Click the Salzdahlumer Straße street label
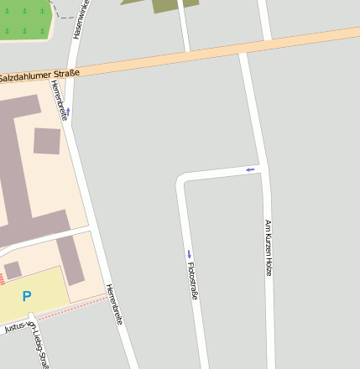point(39,76)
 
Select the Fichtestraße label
point(193,281)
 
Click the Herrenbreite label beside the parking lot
point(115,304)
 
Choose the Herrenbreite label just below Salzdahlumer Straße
point(59,101)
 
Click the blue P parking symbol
point(27,296)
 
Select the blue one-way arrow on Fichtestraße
point(190,254)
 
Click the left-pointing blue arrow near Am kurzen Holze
point(249,170)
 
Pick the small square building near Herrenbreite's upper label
point(47,141)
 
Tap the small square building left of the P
point(13,270)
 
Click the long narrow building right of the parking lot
point(70,260)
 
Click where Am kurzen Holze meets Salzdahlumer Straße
point(243,52)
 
